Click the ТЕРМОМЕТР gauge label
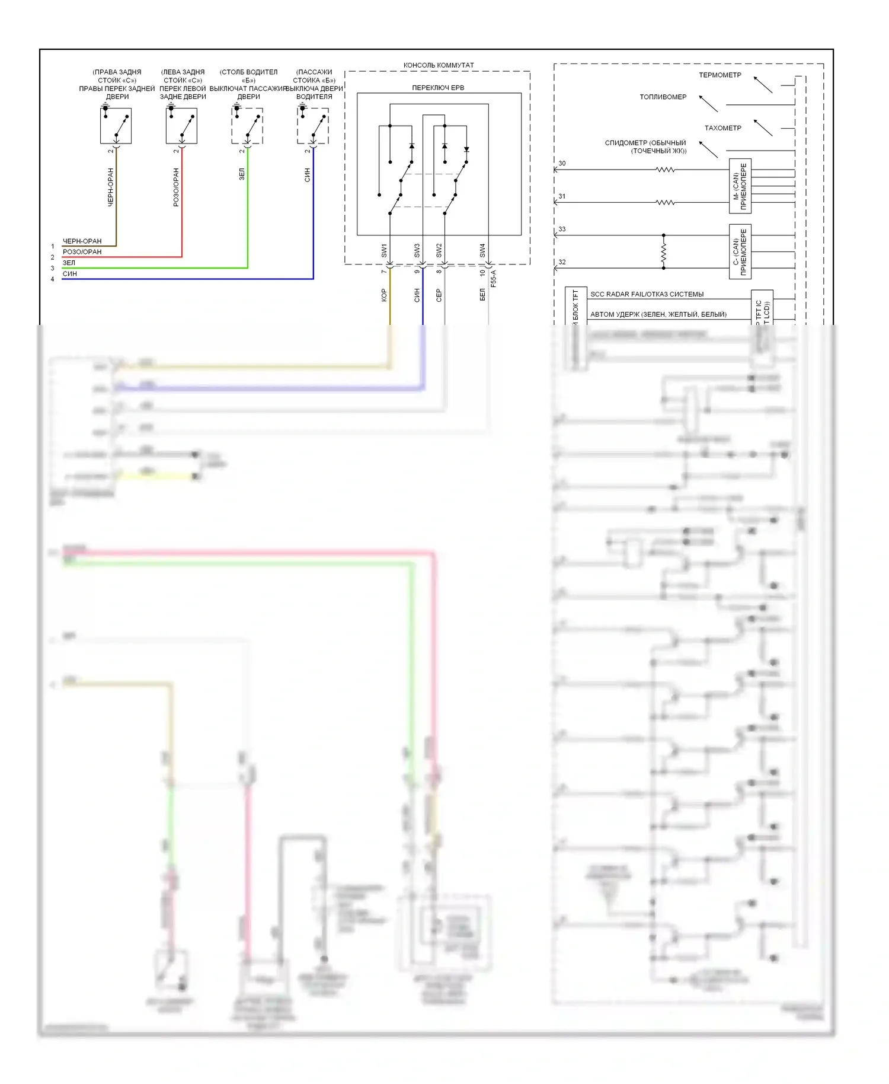[x=719, y=75]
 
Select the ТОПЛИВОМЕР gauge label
[x=663, y=97]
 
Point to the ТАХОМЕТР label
[x=722, y=128]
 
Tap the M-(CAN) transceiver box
[x=740, y=186]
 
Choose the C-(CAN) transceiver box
[x=740, y=251]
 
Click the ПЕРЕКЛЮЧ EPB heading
[x=438, y=88]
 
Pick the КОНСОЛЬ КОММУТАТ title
[x=439, y=65]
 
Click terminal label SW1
[x=384, y=250]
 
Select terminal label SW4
[x=482, y=250]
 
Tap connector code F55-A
[x=494, y=278]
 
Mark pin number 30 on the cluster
[x=562, y=164]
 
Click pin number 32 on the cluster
[x=562, y=262]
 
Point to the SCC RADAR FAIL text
[x=647, y=294]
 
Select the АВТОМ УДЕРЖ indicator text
[x=658, y=314]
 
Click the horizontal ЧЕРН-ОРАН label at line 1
[x=82, y=241]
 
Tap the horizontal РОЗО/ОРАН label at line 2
[x=82, y=252]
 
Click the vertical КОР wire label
[x=384, y=295]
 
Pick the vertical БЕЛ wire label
[x=482, y=295]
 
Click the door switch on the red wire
[x=181, y=126]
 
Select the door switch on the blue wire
[x=313, y=126]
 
